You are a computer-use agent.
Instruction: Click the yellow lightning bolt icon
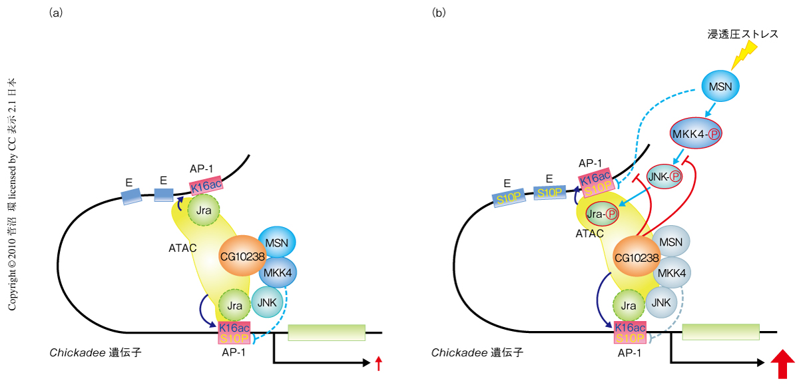point(744,55)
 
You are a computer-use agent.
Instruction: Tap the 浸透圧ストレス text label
point(742,33)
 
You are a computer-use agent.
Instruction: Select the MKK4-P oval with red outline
point(697,133)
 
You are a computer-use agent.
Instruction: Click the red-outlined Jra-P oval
point(601,214)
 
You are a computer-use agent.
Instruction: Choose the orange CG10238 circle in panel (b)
point(637,257)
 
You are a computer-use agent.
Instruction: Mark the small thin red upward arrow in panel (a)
point(378,363)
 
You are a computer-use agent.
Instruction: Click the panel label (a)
point(56,13)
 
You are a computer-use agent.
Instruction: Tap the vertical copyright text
point(13,193)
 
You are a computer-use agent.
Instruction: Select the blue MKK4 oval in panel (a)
point(276,273)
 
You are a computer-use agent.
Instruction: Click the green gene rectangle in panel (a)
point(326,332)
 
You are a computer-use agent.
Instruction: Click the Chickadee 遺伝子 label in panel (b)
point(477,352)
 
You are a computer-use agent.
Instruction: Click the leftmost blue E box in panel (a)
point(131,196)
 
